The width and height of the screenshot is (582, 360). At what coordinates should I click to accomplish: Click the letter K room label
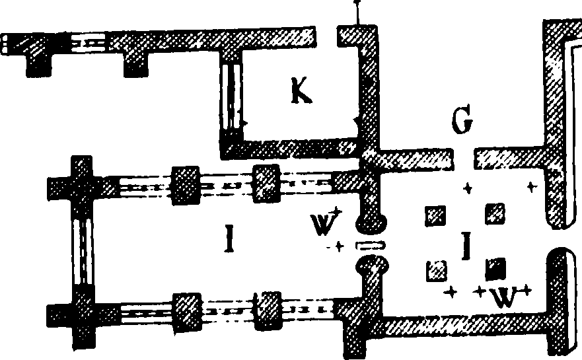click(x=301, y=91)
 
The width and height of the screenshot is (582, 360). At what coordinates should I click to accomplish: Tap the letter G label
click(x=462, y=120)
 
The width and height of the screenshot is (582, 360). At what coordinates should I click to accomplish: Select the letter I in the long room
click(x=230, y=238)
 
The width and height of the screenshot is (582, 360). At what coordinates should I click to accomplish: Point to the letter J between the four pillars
click(x=466, y=245)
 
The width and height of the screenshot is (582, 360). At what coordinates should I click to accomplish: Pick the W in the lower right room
click(x=505, y=297)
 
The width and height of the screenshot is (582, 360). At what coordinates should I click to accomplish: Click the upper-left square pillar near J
click(x=435, y=216)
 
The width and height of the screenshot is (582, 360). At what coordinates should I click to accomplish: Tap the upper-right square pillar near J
click(x=495, y=214)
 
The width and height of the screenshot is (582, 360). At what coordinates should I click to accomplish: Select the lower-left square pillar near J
click(x=437, y=271)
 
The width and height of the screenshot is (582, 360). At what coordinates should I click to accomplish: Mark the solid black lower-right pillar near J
click(x=495, y=269)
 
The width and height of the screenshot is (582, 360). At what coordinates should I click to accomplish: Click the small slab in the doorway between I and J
click(x=370, y=245)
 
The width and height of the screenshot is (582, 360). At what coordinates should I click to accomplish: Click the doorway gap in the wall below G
click(x=464, y=159)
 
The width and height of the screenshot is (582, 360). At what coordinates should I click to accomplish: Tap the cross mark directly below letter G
click(x=468, y=188)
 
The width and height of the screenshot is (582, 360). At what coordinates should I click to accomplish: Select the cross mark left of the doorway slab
click(x=338, y=246)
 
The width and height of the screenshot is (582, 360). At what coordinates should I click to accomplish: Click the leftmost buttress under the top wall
click(x=38, y=64)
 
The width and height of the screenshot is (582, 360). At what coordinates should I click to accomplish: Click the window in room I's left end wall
click(x=83, y=252)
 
